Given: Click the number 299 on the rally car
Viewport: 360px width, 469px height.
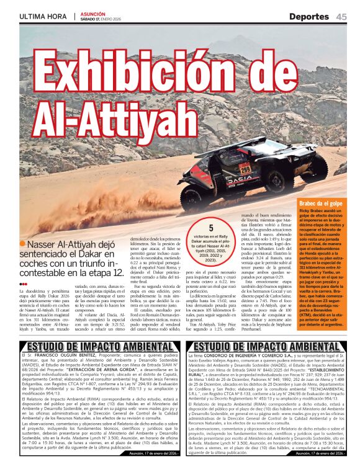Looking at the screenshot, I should pyautogui.click(x=246, y=168).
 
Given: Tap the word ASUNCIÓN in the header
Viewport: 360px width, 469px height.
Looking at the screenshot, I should pyautogui.click(x=93, y=13).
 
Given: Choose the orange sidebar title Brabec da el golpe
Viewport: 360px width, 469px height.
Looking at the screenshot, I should pyautogui.click(x=320, y=203).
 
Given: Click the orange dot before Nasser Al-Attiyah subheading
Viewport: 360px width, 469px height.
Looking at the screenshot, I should pyautogui.click(x=22, y=244).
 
